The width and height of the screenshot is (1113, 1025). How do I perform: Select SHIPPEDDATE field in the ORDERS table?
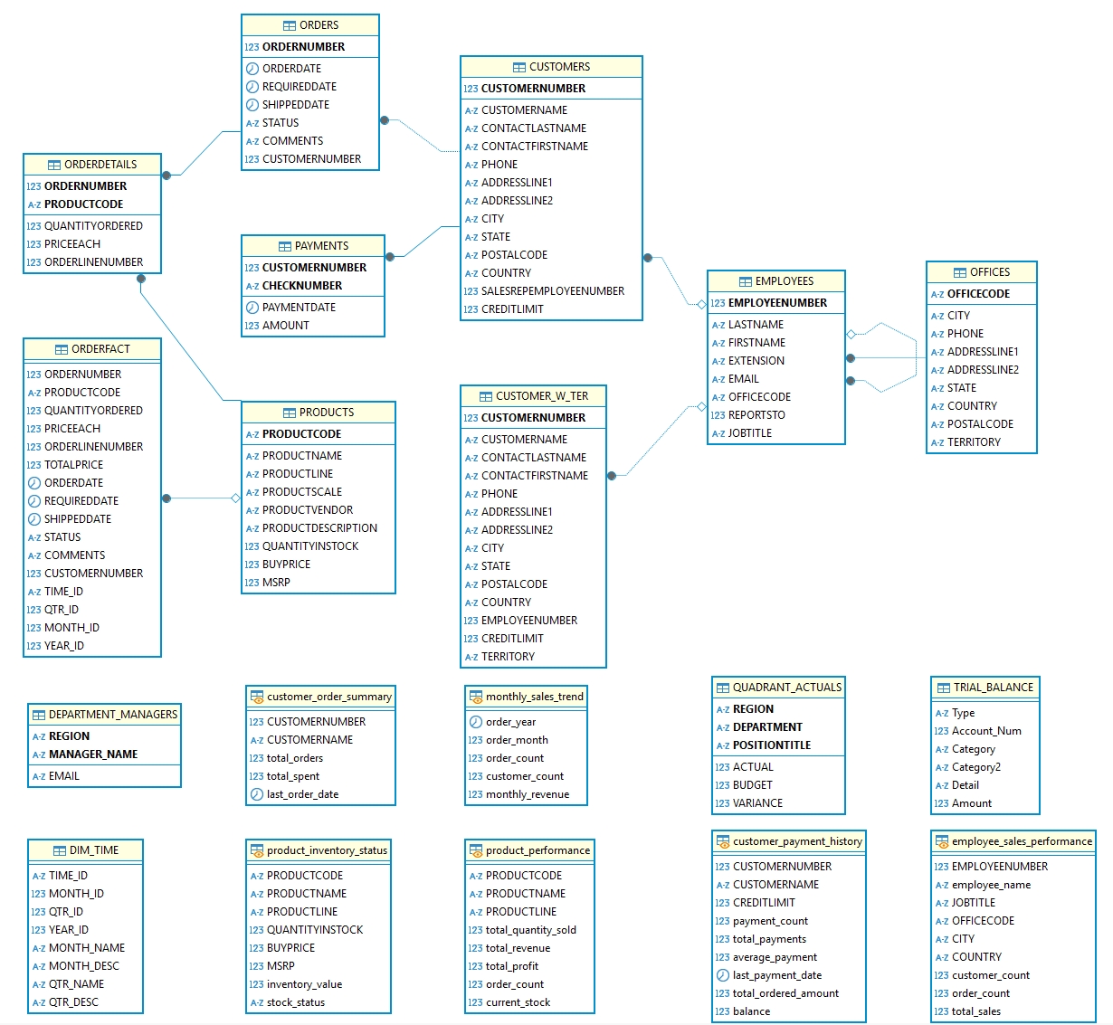[x=295, y=105]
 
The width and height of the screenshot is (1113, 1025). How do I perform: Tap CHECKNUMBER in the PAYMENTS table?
[x=301, y=286]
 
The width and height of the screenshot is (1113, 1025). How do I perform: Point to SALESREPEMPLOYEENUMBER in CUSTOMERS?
[x=552, y=291]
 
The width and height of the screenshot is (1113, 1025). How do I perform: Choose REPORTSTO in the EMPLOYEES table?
[x=756, y=415]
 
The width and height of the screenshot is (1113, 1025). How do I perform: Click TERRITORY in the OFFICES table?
[x=974, y=442]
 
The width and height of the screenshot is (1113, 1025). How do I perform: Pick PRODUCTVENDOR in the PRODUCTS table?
[x=308, y=510]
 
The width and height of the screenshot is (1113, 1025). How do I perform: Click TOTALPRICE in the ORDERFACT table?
[x=73, y=465]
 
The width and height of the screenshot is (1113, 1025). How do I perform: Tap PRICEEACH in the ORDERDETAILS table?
[x=72, y=244]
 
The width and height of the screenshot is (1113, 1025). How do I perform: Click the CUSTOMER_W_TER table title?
[x=533, y=396]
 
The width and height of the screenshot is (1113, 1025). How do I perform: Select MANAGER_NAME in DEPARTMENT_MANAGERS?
[x=93, y=755]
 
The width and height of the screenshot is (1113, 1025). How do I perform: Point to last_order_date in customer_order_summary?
[x=302, y=794]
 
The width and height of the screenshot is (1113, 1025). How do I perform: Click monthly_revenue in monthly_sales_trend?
[x=528, y=794]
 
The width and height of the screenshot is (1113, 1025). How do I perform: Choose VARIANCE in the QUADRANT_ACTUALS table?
[x=757, y=803]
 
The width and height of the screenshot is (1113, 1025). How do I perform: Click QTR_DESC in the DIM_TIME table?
[x=73, y=1002]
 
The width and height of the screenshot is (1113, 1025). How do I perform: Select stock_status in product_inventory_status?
[x=295, y=1002]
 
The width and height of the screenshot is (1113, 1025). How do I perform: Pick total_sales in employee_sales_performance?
[x=976, y=1011]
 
